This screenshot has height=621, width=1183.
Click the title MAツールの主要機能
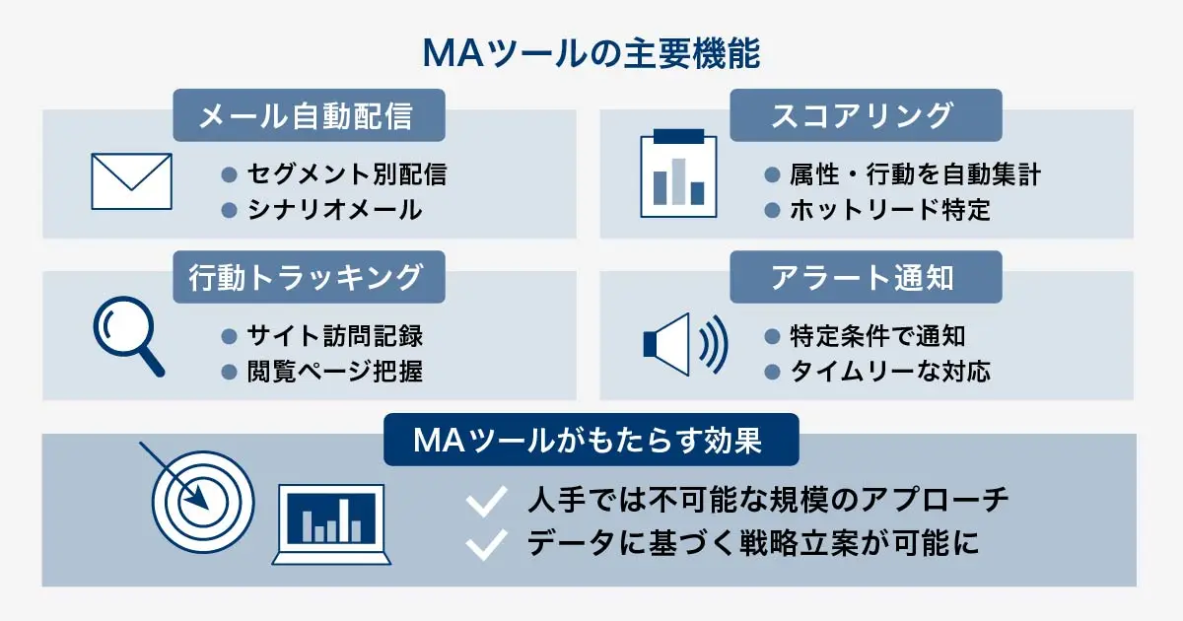[x=591, y=52]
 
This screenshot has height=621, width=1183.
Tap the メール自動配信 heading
[x=309, y=116]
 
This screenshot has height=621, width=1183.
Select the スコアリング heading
[x=865, y=116]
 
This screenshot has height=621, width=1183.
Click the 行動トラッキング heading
[x=309, y=277]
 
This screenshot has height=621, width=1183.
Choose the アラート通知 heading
[x=865, y=277]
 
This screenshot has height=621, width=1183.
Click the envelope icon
[x=131, y=181]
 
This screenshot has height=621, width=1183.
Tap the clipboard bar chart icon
[x=678, y=173]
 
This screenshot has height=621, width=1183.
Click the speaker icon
[x=683, y=344]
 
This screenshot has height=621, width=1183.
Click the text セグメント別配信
[x=347, y=174]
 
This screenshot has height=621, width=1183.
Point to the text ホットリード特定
[x=890, y=210]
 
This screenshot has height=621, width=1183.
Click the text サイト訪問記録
[x=335, y=336]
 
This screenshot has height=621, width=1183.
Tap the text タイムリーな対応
[x=890, y=372]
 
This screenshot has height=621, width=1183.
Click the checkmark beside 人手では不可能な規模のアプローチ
[x=485, y=501]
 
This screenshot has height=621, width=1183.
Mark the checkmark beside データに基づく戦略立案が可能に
[x=485, y=544]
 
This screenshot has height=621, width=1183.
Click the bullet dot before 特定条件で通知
[x=773, y=336]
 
